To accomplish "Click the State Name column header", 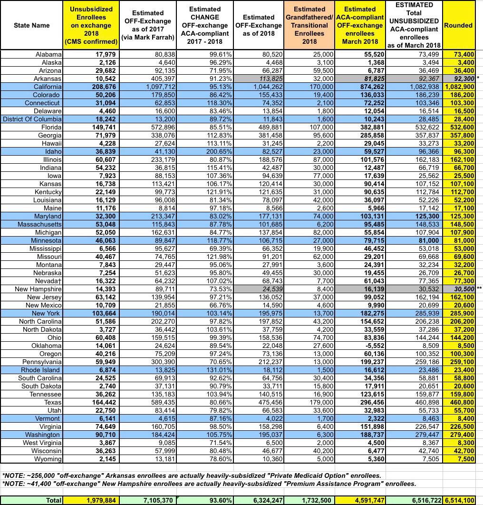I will pyautogui.click(x=31, y=25).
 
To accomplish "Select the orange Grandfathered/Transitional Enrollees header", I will pyautogui.click(x=309, y=25).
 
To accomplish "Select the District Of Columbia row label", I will pyautogui.click(x=32, y=119).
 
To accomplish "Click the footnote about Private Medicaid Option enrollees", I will pyautogui.click(x=190, y=475).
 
